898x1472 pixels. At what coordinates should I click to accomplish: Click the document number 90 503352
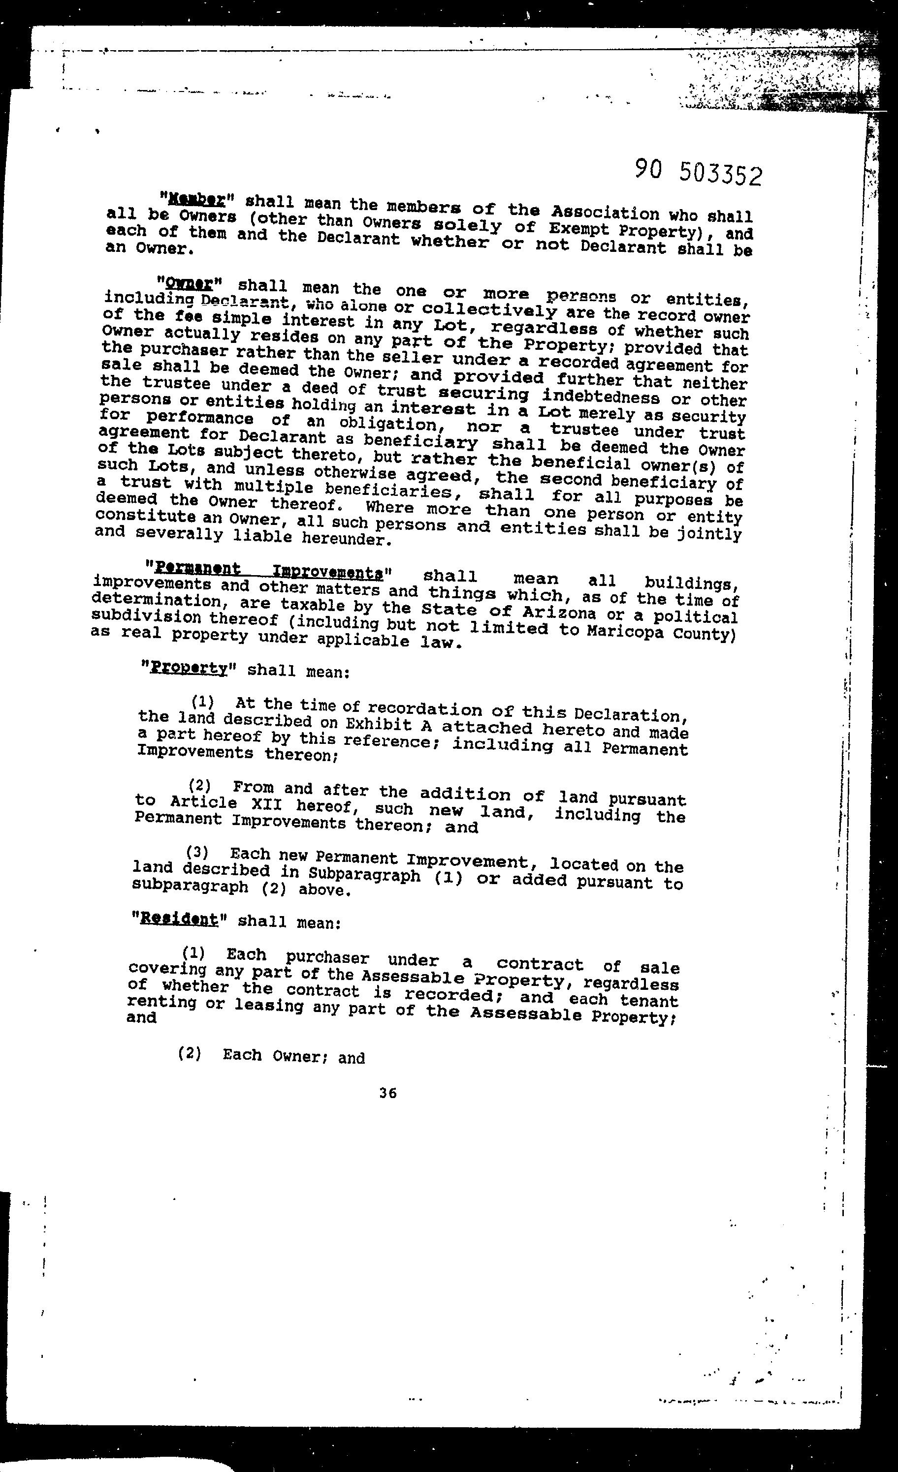point(698,173)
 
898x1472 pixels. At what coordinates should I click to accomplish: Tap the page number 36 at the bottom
point(387,1093)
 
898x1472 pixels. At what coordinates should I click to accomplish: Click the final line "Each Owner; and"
point(293,1056)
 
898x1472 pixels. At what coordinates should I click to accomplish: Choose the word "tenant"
point(649,1001)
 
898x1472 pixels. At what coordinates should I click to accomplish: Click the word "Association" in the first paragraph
point(605,214)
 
